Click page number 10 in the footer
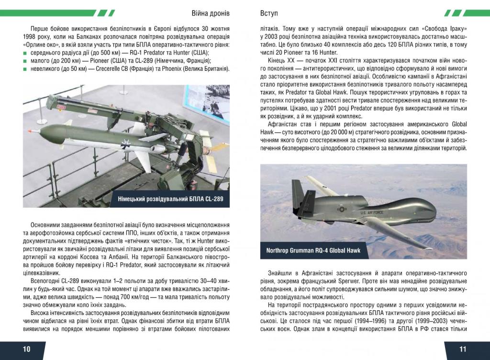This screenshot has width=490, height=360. (x=26, y=349)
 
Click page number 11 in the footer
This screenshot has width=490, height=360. (x=463, y=349)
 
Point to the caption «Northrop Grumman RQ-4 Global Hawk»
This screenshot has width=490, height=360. (x=313, y=250)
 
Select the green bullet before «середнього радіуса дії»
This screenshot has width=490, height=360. (x=25, y=52)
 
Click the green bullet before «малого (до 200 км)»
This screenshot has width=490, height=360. (x=25, y=60)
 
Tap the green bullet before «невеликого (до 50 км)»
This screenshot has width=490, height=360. (x=25, y=68)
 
